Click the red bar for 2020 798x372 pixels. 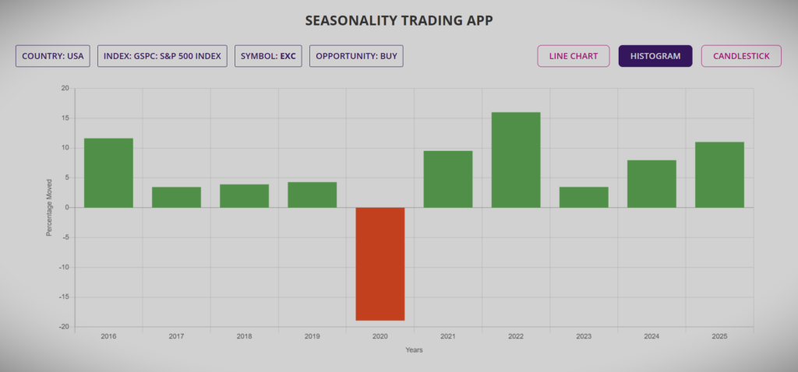[380, 264]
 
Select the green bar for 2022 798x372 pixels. [516, 160]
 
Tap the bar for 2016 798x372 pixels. [108, 173]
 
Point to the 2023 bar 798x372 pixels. [584, 197]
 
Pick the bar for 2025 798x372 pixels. [719, 174]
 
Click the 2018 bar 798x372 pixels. [244, 195]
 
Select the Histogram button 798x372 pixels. [655, 56]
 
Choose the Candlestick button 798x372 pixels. [741, 56]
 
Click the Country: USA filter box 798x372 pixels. [53, 56]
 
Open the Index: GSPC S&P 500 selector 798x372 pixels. [162, 56]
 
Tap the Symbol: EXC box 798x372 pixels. [268, 56]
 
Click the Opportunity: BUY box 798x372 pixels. [356, 56]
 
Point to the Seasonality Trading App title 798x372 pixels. [399, 19]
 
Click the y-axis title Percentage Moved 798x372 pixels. [49, 207]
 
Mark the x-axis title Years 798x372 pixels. [414, 350]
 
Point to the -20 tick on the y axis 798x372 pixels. [64, 327]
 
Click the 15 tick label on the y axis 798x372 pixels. [65, 118]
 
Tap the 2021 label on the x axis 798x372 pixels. [448, 336]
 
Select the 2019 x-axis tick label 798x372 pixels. [312, 336]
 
